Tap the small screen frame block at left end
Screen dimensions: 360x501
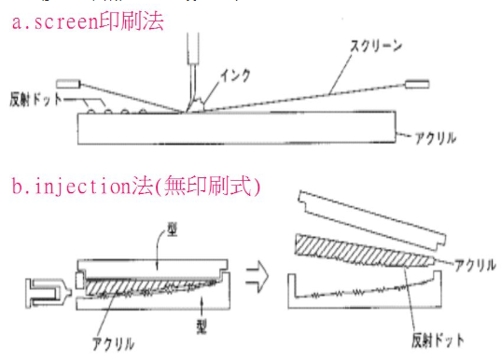click(x=67, y=83)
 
